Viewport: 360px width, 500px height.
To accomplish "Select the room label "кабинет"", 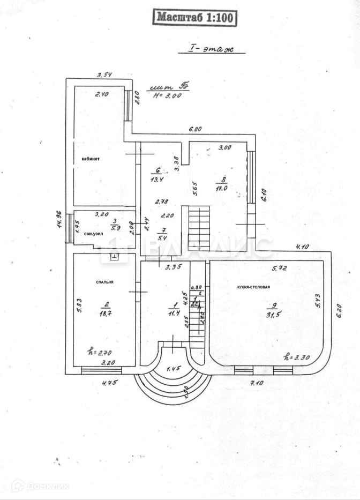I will [x=91, y=159].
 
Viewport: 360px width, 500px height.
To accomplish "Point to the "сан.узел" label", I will [x=93, y=234].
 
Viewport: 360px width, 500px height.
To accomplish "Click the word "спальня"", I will [x=104, y=282].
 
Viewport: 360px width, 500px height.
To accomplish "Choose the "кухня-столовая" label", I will [x=253, y=287].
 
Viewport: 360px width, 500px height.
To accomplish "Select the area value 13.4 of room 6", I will [x=156, y=180].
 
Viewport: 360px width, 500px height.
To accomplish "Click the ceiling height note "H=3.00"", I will [x=167, y=96].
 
